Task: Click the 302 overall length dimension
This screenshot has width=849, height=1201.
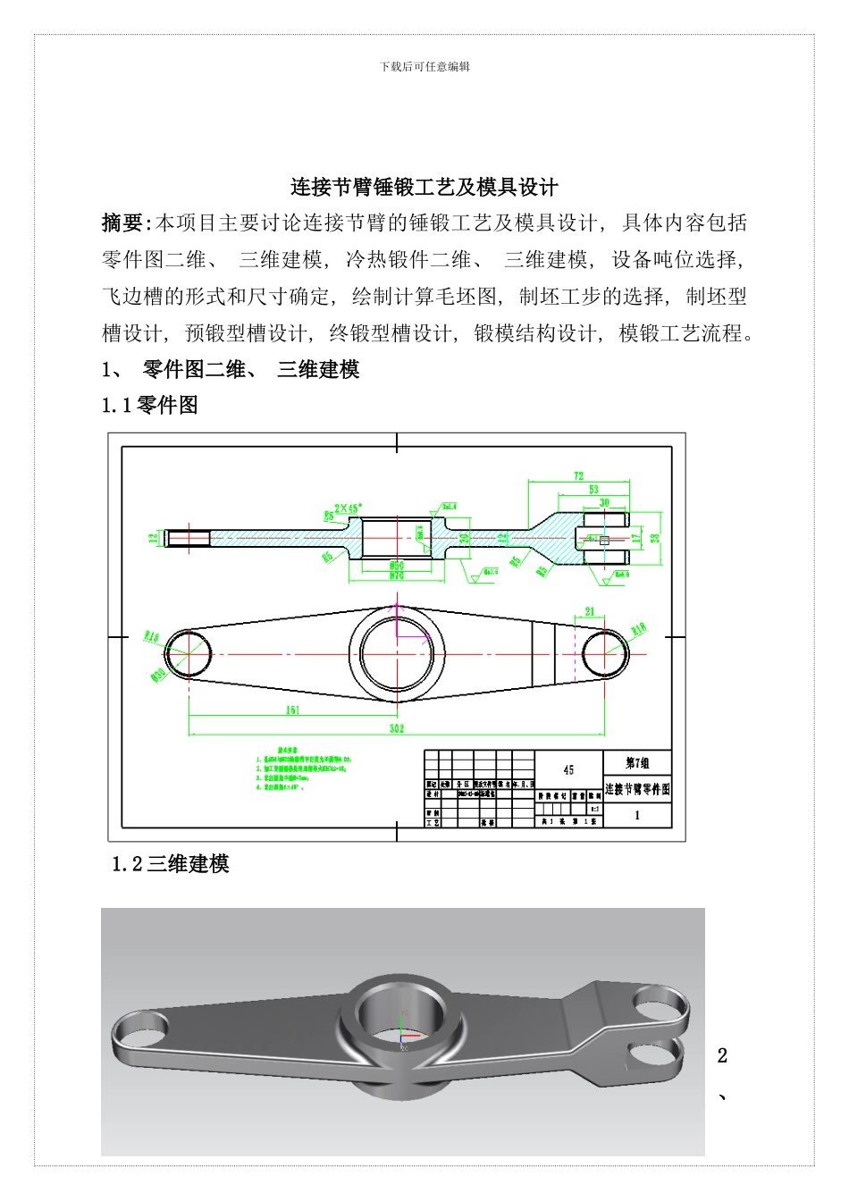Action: (x=396, y=728)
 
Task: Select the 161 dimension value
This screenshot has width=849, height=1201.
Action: (x=292, y=710)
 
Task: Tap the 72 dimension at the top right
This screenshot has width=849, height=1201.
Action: (x=579, y=476)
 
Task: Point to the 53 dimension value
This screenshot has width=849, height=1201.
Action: (x=594, y=490)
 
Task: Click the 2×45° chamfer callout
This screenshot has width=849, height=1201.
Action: (x=348, y=508)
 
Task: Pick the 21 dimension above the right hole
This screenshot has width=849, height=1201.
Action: (x=589, y=612)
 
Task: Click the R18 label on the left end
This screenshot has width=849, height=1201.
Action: (x=151, y=637)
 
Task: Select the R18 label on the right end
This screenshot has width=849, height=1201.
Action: (x=638, y=629)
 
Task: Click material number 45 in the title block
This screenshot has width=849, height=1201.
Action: (x=568, y=770)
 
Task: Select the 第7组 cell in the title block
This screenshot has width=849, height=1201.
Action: (x=637, y=763)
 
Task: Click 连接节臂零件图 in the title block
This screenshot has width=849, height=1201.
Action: (x=637, y=789)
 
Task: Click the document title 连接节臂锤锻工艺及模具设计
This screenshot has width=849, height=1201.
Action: (x=424, y=187)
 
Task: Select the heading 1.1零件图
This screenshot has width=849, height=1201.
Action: (x=150, y=405)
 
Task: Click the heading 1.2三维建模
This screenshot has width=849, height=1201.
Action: (x=171, y=863)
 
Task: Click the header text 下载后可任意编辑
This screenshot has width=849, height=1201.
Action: (x=424, y=66)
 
